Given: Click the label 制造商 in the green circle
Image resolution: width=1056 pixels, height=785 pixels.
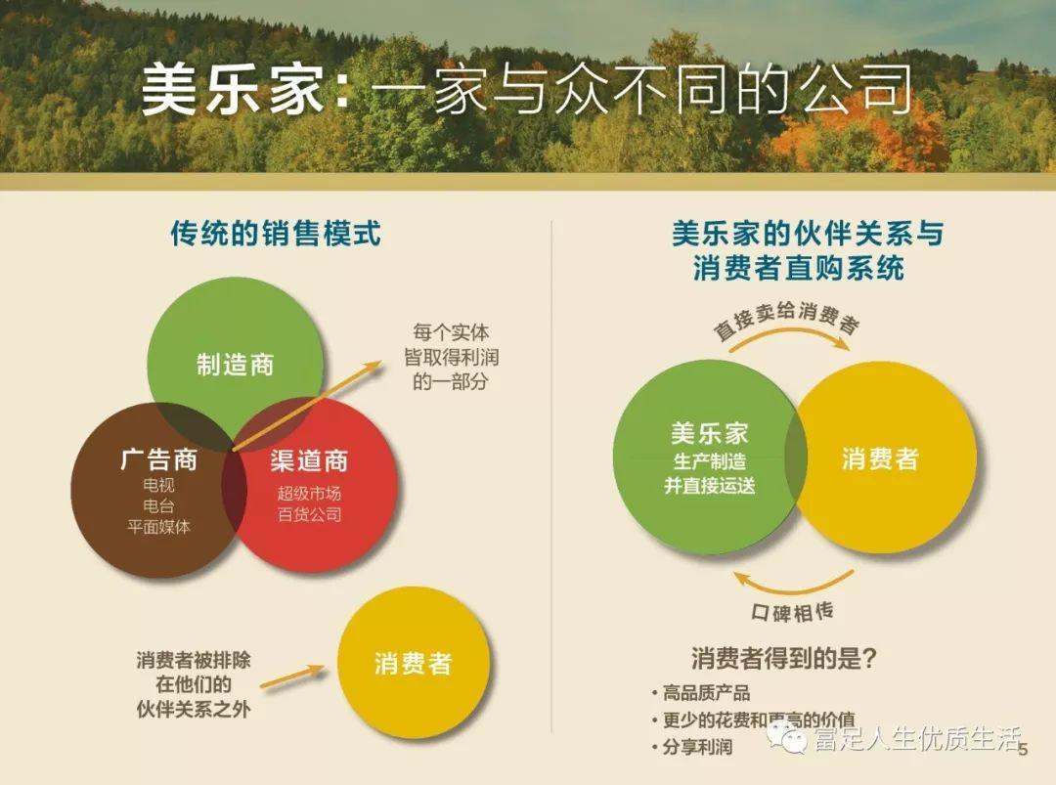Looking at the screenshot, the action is point(235,365).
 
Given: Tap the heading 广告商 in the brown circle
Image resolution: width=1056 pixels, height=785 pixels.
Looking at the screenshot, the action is point(159,459).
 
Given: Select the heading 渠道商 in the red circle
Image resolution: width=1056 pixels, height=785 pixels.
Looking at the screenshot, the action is point(309,460).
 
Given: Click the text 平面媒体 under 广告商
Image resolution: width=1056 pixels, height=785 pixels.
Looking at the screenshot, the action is point(159,527).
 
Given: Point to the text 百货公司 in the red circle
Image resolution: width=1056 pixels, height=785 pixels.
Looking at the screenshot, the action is point(309,514).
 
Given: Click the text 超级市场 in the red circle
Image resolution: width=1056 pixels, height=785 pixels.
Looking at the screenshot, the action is point(309,493).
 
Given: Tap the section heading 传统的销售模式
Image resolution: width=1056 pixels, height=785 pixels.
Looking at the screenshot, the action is point(276,234).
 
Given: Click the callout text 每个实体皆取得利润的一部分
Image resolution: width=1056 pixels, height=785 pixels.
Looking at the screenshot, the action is point(451,357).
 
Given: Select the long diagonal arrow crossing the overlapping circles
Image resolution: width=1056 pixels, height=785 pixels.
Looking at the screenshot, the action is point(306,406).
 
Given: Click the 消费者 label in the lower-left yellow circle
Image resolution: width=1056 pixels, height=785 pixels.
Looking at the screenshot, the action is point(413,664).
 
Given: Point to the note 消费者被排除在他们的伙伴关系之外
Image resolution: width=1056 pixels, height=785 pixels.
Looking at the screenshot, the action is point(194,684).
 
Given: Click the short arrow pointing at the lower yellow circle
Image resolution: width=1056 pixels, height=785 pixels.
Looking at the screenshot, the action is point(292,676).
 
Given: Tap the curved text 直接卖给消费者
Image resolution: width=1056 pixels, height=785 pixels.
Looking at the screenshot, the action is point(786,318).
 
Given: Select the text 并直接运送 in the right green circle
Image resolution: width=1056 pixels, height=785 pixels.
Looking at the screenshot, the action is point(710,486).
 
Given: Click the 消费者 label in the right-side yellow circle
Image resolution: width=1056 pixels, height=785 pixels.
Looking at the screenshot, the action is point(880,459).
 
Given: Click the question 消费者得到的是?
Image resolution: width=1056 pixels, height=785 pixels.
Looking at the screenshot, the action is point(784,658).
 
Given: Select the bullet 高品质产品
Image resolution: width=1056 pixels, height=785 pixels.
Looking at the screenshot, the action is point(701,693).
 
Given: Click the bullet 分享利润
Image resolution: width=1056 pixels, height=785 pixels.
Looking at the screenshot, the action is point(692,747).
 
